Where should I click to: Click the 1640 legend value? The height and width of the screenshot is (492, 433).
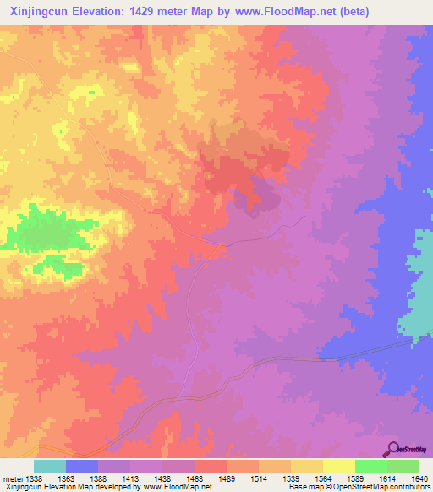tap(419, 478)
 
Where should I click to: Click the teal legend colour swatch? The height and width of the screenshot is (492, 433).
tap(49, 466)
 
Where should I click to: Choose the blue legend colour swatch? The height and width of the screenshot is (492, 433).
tap(81, 466)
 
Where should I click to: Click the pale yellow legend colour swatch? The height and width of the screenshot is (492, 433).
tap(338, 466)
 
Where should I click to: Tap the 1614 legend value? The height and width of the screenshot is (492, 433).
tap(386, 478)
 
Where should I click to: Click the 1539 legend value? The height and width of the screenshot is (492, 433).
tap(290, 478)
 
